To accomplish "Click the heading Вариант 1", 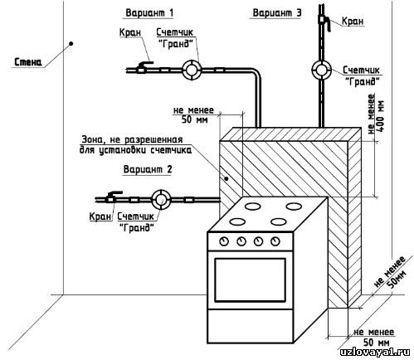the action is point(149,12).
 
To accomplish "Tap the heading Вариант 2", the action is point(148,169).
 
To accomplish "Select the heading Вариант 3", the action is point(277,12).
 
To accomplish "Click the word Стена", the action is point(28,62).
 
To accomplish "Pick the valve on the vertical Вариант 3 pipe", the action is point(324,22).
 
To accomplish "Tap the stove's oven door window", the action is point(250,280).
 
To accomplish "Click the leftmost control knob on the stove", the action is point(224,241).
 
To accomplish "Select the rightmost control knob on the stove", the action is point(275,241).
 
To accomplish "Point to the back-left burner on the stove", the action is point(253,206).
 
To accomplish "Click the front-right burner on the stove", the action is point(279,221).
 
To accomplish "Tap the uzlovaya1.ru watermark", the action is point(375,352).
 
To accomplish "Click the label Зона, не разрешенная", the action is point(132,139).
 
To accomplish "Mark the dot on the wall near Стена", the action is point(71,43).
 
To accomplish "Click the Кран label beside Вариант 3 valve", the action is point(353,21).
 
